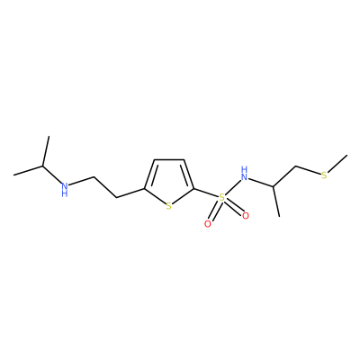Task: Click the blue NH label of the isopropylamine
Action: [65, 189]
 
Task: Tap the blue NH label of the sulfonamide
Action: [245, 174]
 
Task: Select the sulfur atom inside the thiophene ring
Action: [169, 206]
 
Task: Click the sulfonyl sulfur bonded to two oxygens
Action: [221, 197]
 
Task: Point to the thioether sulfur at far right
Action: [324, 175]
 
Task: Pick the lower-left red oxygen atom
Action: [207, 224]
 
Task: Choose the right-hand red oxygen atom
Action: [246, 216]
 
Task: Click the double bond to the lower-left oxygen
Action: [214, 211]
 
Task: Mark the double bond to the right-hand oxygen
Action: [233, 207]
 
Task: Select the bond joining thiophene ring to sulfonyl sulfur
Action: [206, 193]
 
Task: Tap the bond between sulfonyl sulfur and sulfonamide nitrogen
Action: [233, 185]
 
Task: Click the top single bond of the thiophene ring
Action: [169, 160]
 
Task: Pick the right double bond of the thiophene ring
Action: [188, 175]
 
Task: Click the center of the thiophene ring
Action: [169, 180]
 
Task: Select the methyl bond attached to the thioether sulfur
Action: [337, 164]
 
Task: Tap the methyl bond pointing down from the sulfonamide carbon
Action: [276, 202]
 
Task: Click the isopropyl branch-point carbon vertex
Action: [42, 166]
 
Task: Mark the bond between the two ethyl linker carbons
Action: [105, 187]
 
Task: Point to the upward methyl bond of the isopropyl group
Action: [46, 151]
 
